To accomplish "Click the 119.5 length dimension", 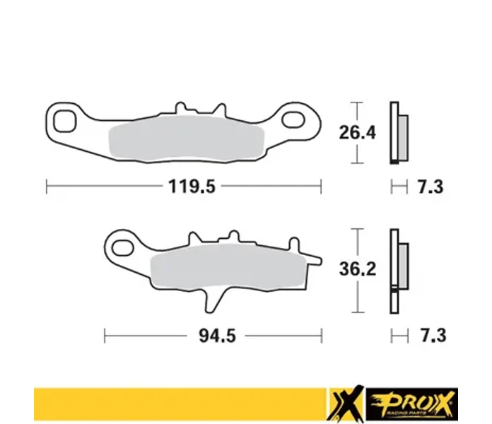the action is tap(192, 187).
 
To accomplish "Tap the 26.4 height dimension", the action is tap(357, 132).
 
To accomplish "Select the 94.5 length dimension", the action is tap(217, 336).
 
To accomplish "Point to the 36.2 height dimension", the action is tap(358, 269).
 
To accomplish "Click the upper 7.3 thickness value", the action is tap(430, 187).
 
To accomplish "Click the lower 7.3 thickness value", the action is tap(433, 336).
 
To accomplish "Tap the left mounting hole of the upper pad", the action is tap(64, 121).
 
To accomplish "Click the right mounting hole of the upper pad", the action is tap(293, 120).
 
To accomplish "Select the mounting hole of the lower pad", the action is tap(123, 248).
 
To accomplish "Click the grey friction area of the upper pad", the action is tap(187, 139).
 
